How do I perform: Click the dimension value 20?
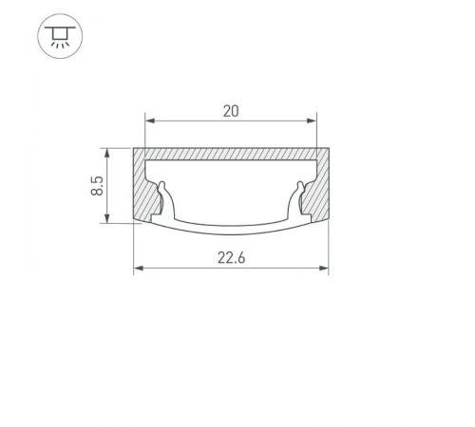pos(231,111)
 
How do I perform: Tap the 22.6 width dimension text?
pos(231,258)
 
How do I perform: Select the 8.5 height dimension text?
pos(97,186)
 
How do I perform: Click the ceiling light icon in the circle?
pos(60,36)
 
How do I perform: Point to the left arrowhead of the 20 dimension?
pos(149,121)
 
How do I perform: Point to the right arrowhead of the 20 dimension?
pos(312,121)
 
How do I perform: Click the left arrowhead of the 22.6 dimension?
pos(139,269)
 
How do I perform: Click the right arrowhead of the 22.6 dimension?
pos(324,269)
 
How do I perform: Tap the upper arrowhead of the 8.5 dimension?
pos(107,153)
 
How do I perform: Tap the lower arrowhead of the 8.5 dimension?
pos(107,218)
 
